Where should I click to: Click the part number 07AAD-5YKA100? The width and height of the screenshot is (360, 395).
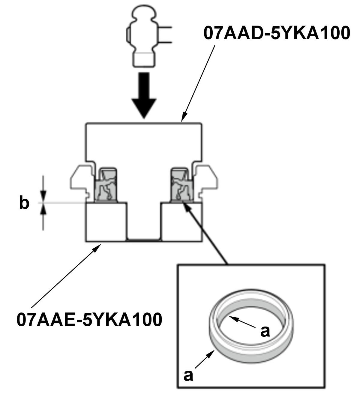(277, 33)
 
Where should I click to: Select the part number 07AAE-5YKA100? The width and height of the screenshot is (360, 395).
(89, 319)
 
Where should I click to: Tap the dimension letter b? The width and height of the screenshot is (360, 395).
(24, 203)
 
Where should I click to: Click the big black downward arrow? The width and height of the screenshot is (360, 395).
(145, 95)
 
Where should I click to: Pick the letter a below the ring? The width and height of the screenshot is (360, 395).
(188, 375)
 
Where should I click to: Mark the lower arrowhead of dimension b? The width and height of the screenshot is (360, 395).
(43, 209)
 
